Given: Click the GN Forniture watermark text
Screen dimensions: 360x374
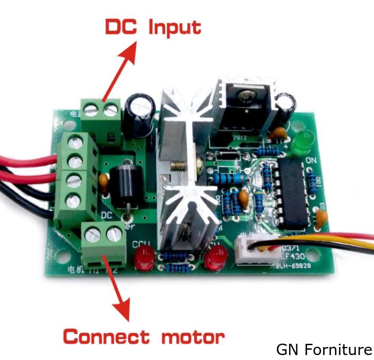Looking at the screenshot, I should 324,349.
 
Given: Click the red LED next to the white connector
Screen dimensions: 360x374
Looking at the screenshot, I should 215,258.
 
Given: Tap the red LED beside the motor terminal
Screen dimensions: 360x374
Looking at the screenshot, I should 143,258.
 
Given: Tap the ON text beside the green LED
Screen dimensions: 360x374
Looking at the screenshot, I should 311,160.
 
